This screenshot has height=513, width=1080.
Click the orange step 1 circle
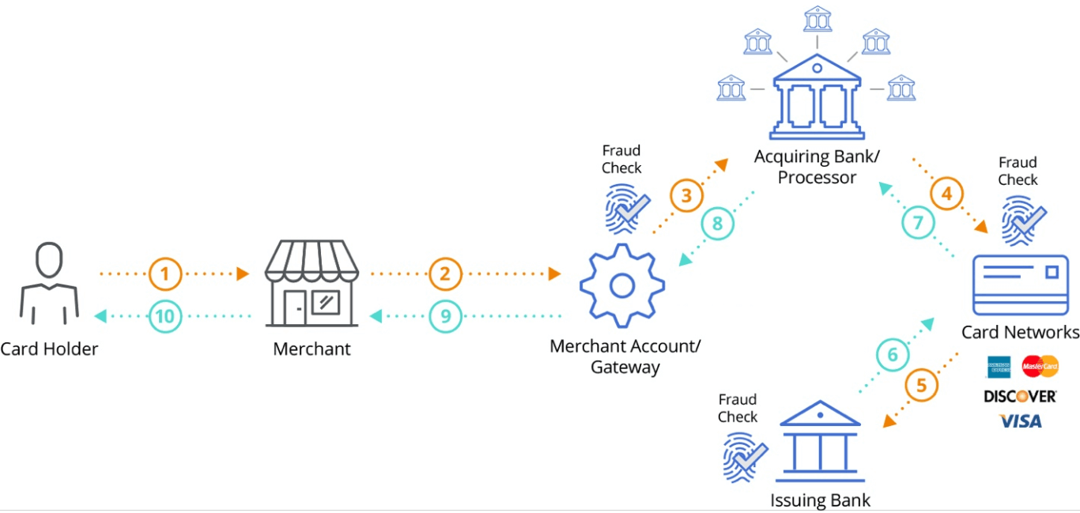[x=165, y=274]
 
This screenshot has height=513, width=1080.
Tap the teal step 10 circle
[x=165, y=317]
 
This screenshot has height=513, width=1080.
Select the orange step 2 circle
[x=446, y=274]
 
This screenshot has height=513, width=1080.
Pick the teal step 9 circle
[x=446, y=317]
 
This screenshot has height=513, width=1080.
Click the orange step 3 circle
[x=686, y=197]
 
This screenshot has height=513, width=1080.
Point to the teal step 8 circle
[x=718, y=224]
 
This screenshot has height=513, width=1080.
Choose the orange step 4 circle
[x=946, y=192]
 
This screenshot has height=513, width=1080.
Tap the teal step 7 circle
[x=918, y=223]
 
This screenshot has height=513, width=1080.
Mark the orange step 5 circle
[x=921, y=386]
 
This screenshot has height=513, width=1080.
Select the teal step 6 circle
[x=893, y=356]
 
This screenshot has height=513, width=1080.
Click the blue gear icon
[x=621, y=285]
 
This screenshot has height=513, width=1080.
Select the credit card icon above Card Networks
[x=1021, y=285]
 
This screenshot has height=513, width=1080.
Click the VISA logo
[x=1021, y=421]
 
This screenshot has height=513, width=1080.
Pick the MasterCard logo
[x=1040, y=367]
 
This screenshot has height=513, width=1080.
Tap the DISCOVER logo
[x=1020, y=395]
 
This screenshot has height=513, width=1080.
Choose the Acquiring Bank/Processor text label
[x=817, y=166]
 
